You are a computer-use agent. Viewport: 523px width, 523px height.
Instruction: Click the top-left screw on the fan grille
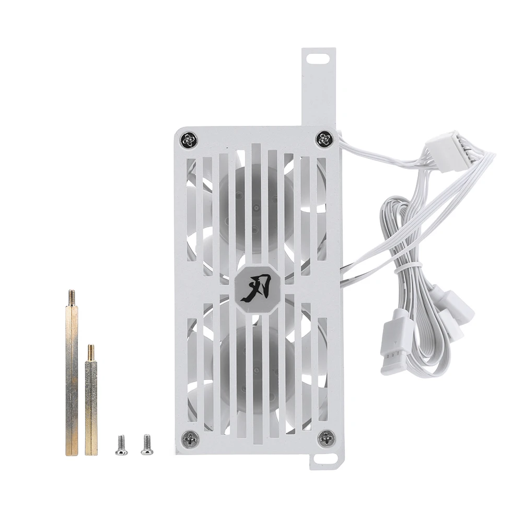click(190, 140)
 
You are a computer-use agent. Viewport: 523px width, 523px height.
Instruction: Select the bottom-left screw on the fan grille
click(190, 438)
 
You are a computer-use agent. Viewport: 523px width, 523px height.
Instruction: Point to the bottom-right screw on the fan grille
click(326, 438)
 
